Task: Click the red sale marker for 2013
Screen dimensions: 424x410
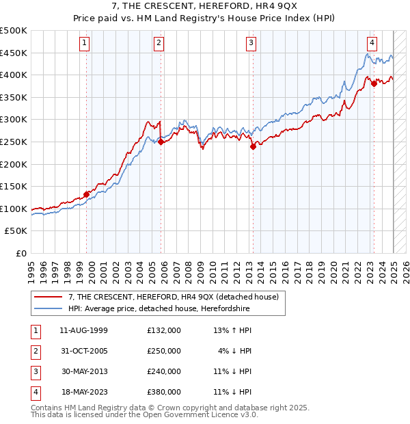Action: tap(253, 146)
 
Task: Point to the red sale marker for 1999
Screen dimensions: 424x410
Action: tap(87, 194)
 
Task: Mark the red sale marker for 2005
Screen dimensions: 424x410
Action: tap(161, 142)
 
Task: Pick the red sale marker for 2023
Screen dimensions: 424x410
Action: tap(374, 83)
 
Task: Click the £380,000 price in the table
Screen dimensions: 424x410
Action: tap(164, 393)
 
